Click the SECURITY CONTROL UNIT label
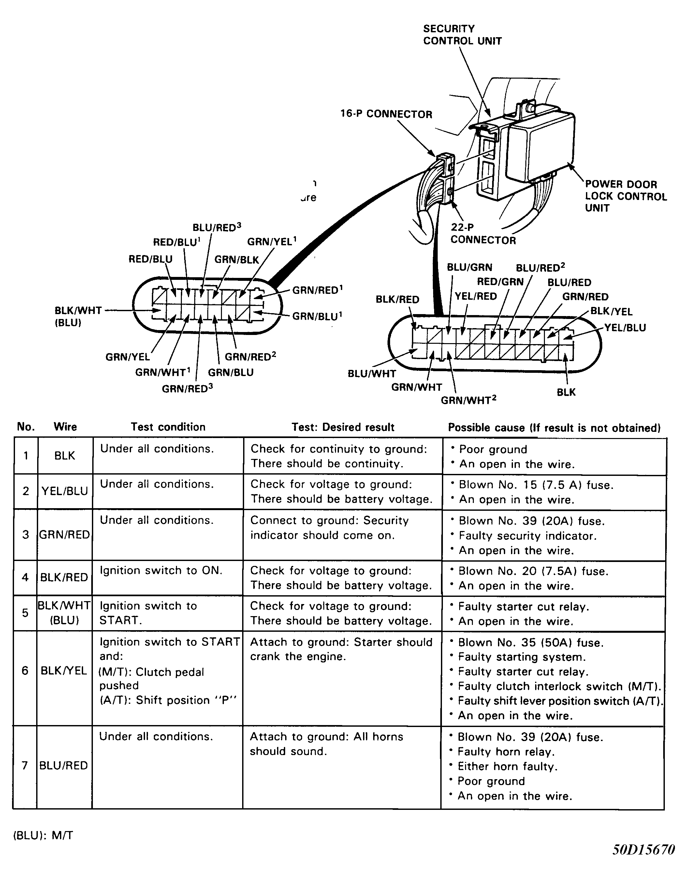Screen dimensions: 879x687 [x=462, y=35]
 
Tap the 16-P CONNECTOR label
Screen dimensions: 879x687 [x=386, y=114]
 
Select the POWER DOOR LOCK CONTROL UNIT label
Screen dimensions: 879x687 [x=625, y=196]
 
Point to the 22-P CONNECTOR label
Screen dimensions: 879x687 [x=483, y=234]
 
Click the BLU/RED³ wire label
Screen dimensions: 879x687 [x=216, y=227]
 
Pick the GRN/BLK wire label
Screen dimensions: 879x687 [x=237, y=260]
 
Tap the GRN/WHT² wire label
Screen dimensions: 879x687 [x=469, y=400]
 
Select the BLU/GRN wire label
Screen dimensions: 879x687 [x=469, y=268]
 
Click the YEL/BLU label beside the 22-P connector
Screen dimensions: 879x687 [x=625, y=328]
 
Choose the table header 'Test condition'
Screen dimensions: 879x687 [x=168, y=427]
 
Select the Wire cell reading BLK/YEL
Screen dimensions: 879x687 [x=64, y=671]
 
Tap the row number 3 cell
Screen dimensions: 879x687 [x=26, y=535]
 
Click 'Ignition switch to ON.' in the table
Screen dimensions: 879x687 [x=161, y=571]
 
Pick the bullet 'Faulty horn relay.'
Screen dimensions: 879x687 [x=506, y=752]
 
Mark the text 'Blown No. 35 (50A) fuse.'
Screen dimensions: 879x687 [x=531, y=643]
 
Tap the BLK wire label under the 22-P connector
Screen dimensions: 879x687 [x=566, y=392]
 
